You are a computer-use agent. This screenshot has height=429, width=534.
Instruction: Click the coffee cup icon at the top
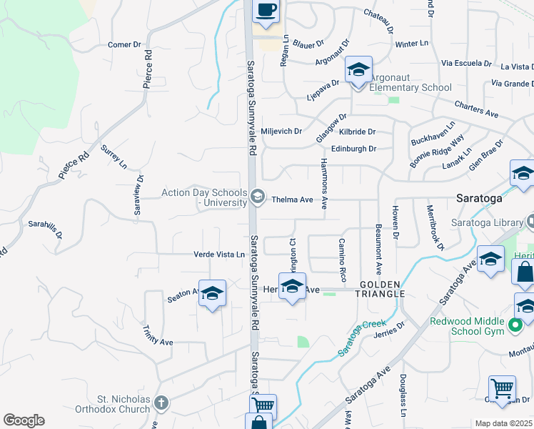[x=266, y=10]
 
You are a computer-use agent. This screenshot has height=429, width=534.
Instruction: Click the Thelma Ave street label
[x=293, y=200]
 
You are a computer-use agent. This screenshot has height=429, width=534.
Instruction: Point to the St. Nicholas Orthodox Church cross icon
[x=162, y=404]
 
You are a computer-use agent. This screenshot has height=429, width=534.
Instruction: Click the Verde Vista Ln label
[x=219, y=255]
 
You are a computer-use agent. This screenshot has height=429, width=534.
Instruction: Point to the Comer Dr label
[x=124, y=45]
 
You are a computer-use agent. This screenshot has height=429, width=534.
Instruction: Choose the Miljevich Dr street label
[x=282, y=132]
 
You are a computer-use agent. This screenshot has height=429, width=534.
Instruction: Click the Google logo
[x=24, y=420]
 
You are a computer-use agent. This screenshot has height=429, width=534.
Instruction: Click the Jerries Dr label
[x=392, y=330]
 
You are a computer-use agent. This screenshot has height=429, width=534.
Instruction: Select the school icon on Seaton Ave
[x=213, y=294]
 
